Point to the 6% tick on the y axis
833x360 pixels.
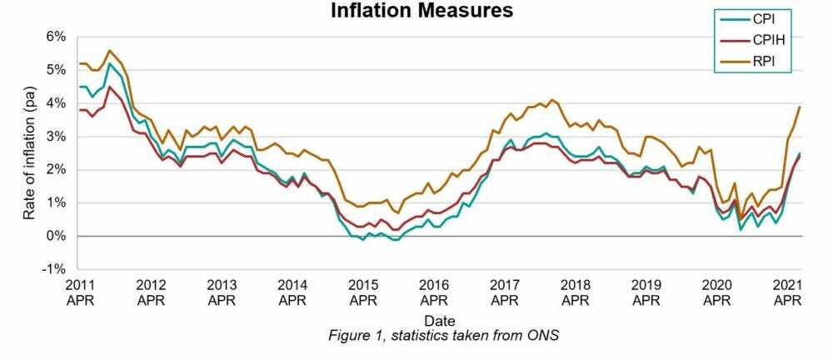point(56,37)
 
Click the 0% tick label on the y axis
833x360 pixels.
point(56,237)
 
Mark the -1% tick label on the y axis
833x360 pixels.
point(54,270)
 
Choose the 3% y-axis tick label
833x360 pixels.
point(56,137)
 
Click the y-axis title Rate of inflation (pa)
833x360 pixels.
point(29,153)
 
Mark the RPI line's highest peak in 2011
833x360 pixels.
point(110,50)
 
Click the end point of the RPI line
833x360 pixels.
point(801,107)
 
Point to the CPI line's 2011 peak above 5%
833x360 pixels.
point(110,63)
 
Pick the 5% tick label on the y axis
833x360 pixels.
point(56,70)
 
